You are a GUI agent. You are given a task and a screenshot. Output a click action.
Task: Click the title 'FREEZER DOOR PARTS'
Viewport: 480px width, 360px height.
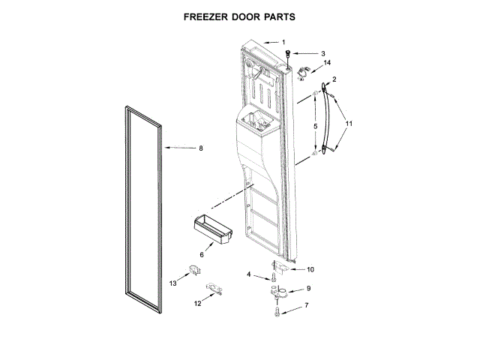239,15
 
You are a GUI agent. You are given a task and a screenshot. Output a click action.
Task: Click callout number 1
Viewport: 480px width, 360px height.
283,42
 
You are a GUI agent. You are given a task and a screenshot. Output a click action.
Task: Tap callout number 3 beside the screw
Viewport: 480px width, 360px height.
322,54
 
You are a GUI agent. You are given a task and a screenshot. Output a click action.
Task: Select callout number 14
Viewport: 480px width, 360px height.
327,63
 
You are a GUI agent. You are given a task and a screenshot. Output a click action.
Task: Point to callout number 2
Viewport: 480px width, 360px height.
334,79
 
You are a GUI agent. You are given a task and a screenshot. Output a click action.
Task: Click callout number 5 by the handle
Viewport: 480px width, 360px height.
315,126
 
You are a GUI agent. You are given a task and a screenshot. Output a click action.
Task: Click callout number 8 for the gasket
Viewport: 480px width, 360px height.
200,148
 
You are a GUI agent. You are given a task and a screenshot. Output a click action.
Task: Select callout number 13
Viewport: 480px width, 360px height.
172,283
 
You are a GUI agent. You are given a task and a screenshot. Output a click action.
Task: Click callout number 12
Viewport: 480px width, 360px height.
197,303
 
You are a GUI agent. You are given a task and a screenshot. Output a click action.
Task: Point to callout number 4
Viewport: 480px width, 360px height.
249,274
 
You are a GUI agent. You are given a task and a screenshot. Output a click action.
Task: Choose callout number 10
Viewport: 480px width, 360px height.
310,269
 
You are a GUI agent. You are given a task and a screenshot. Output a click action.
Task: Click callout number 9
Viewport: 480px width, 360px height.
307,289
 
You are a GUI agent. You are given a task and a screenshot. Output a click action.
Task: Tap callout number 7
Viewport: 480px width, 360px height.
306,307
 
